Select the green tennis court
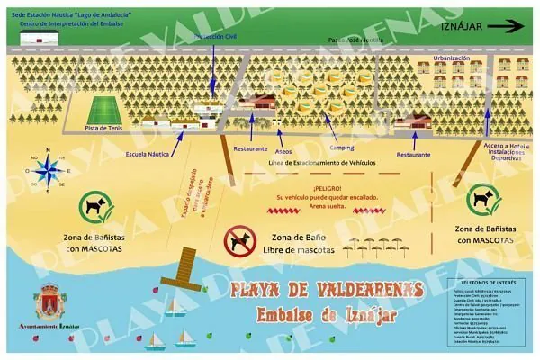tap(106, 112)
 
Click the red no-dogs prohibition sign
tap(239, 240)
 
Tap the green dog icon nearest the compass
tap(93, 206)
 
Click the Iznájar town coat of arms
tap(49, 302)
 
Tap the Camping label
tap(341, 147)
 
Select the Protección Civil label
tap(215, 38)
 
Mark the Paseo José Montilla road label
tap(356, 40)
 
